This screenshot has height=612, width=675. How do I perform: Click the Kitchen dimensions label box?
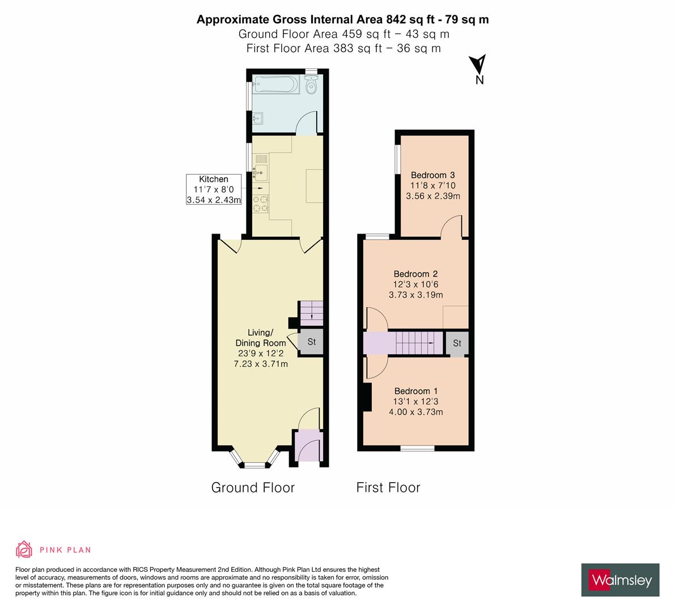(214, 189)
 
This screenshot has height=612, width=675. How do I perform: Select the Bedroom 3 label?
(433, 185)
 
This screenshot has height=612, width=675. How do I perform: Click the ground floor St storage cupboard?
(311, 342)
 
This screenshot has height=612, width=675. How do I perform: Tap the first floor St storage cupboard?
(457, 343)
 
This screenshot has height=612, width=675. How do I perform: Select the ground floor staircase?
(311, 311)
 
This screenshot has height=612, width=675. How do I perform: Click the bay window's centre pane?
(255, 465)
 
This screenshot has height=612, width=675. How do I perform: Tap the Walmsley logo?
(620, 580)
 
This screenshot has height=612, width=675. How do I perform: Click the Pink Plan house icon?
(24, 549)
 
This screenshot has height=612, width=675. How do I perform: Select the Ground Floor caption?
(253, 487)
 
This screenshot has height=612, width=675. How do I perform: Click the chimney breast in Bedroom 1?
(366, 397)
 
